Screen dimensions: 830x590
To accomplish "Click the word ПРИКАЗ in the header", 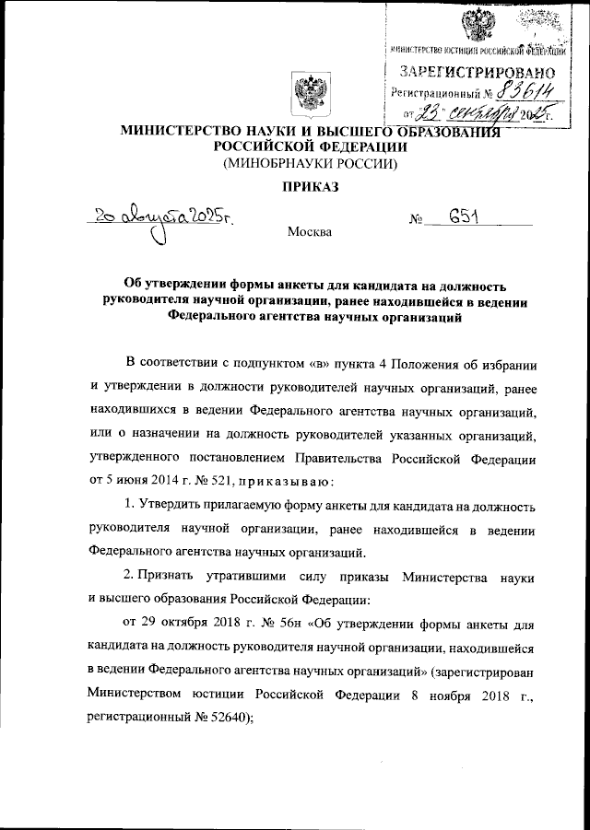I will [x=307, y=188].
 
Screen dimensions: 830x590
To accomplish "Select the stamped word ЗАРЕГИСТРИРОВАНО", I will [x=478, y=72].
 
